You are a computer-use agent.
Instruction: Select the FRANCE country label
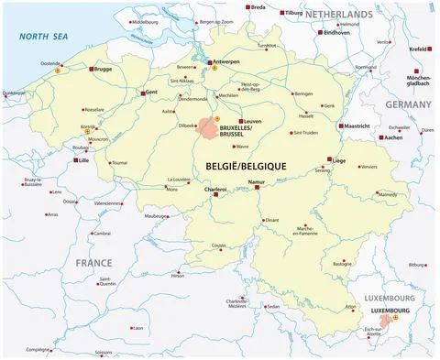(93, 262)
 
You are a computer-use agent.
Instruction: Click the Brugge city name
(103, 69)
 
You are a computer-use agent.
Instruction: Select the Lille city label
(89, 160)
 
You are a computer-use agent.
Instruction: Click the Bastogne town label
(342, 264)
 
